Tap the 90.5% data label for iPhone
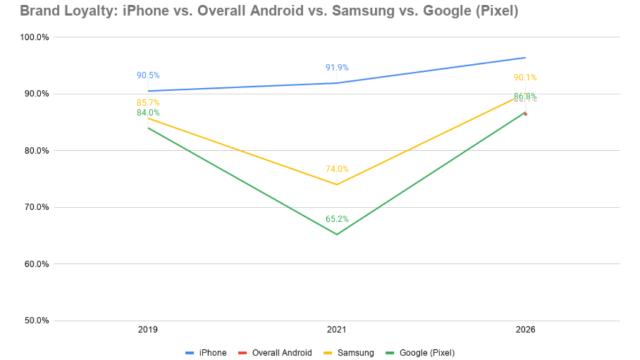click(x=148, y=76)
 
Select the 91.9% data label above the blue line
click(x=337, y=67)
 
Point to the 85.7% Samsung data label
click(x=148, y=102)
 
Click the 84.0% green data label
click(x=148, y=112)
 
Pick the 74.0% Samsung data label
click(x=337, y=169)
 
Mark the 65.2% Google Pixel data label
click(x=337, y=219)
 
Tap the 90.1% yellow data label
click(x=525, y=77)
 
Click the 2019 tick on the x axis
click(x=148, y=329)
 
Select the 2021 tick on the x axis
click(x=337, y=329)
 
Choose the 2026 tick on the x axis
click(x=525, y=329)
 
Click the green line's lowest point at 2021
click(x=337, y=234)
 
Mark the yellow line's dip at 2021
click(x=337, y=184)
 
